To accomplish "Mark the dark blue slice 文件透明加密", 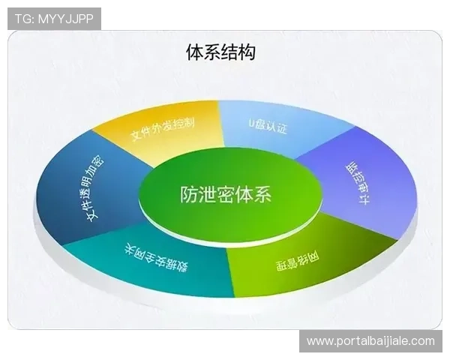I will click(86, 191).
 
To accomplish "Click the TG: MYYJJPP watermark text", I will click(54, 19).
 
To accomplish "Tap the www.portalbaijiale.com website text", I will click(370, 341).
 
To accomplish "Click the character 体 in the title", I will click(193, 52).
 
